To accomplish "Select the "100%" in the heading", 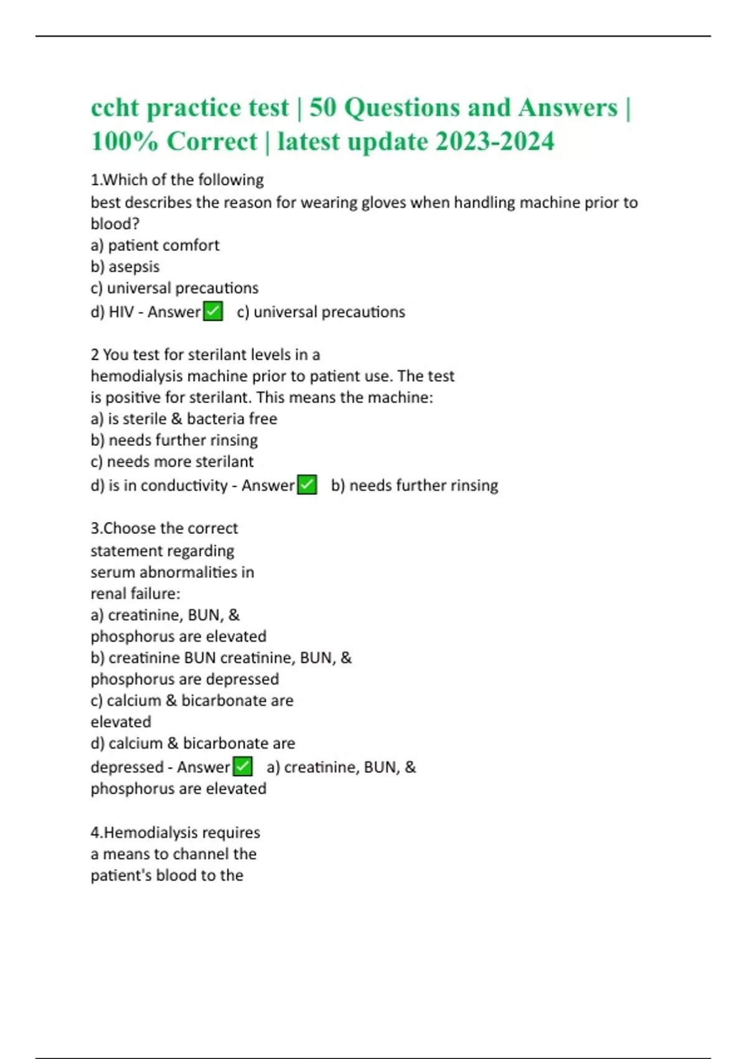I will (x=125, y=141).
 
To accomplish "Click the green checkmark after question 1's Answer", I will (x=214, y=311).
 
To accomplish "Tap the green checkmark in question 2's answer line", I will (x=307, y=485).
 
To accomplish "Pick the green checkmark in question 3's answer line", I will (x=243, y=766).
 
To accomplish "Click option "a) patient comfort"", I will (x=155, y=245).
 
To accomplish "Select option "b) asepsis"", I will (x=125, y=267).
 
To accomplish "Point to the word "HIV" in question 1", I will (x=121, y=311).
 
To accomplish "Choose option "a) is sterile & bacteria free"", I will (x=184, y=419).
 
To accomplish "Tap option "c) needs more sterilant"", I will (x=172, y=462).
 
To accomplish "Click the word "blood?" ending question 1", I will (x=115, y=224).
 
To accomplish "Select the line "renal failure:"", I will (x=135, y=594).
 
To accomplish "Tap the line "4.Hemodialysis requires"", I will (x=175, y=832).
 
